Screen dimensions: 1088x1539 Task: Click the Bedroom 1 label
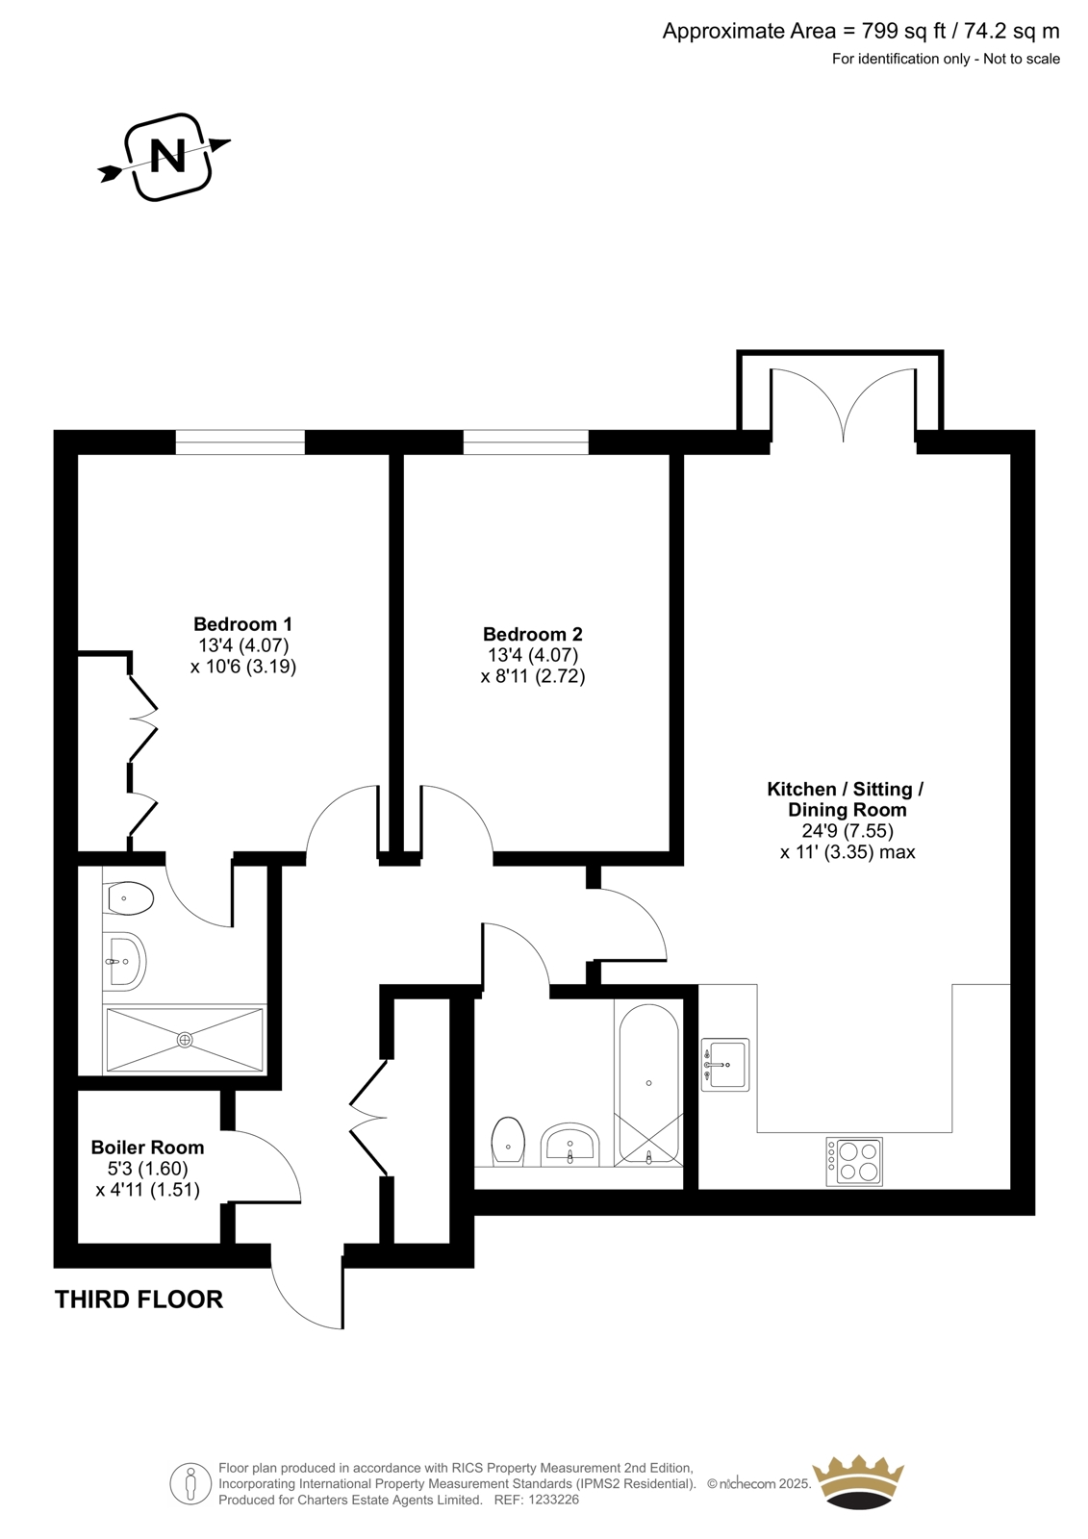tap(242, 624)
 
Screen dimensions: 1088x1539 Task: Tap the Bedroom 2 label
tap(533, 634)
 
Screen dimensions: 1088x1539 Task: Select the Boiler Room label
tap(148, 1147)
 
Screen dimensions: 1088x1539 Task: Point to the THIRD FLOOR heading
tap(139, 1299)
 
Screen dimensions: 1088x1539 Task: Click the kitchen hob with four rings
tap(853, 1161)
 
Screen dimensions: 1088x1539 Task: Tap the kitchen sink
tap(725, 1064)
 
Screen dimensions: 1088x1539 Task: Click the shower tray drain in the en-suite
tap(184, 1040)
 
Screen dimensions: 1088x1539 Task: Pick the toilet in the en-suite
tap(128, 898)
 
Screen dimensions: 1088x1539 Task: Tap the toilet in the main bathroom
tap(509, 1142)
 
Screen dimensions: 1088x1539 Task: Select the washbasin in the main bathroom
tap(570, 1146)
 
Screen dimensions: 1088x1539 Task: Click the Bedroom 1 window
tap(240, 442)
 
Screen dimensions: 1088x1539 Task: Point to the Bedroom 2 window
tap(526, 442)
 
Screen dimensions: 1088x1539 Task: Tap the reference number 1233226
tap(553, 1501)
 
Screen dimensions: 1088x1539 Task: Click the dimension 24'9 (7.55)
tap(848, 831)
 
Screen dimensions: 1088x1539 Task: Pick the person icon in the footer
tap(191, 1483)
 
